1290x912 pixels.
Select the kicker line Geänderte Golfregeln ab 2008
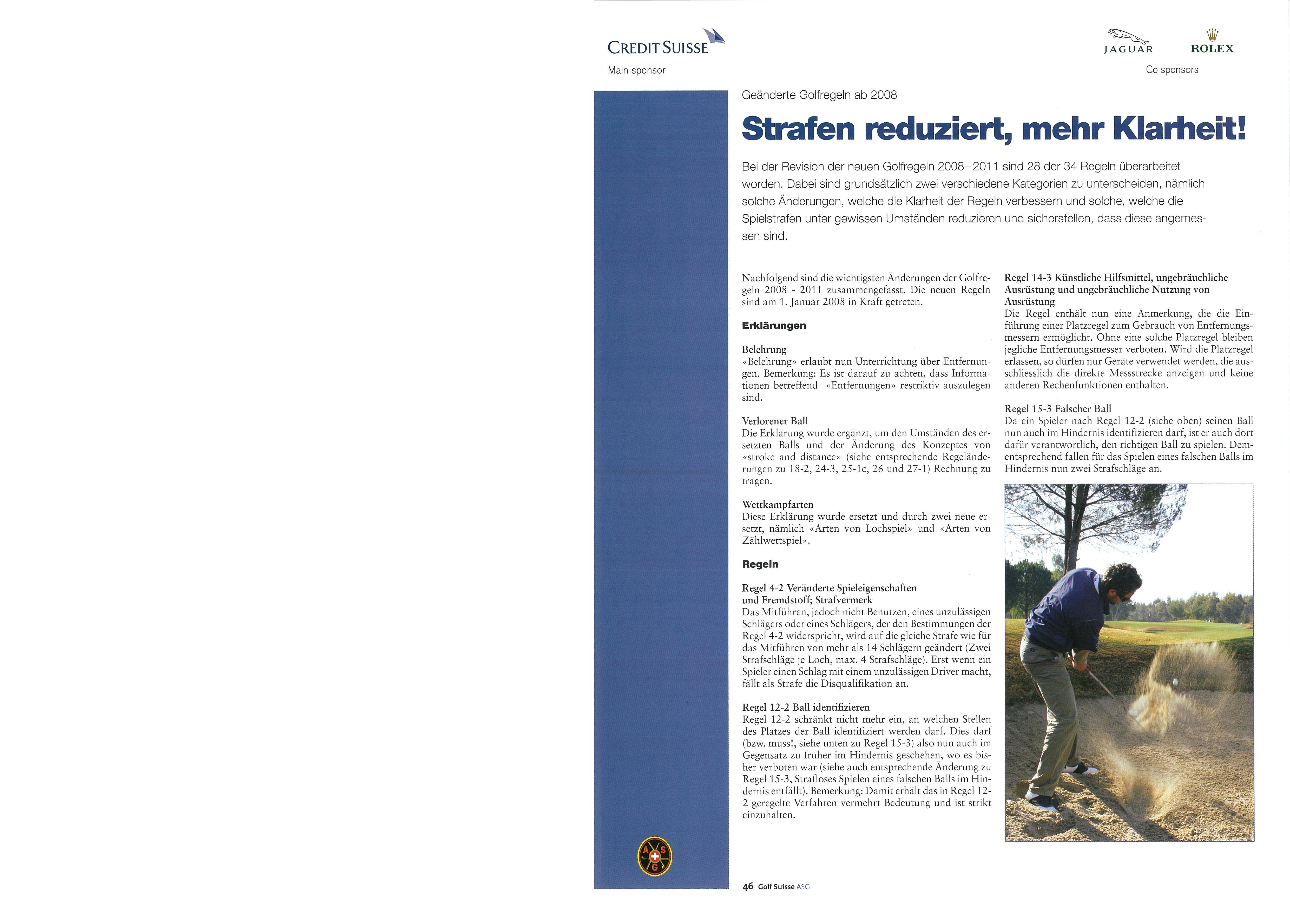(x=819, y=95)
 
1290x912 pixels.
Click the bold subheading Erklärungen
(x=774, y=326)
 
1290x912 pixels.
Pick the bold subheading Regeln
(x=760, y=564)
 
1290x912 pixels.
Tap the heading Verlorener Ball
(x=775, y=421)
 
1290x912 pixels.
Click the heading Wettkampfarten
(x=778, y=505)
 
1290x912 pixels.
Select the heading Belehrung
(x=764, y=349)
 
